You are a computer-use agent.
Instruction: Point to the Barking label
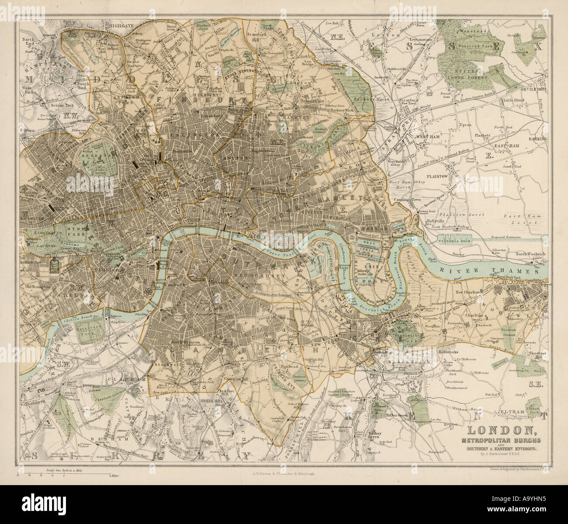point(539,139)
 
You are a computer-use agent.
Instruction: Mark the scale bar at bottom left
point(66,474)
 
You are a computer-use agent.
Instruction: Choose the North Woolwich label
point(530,254)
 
